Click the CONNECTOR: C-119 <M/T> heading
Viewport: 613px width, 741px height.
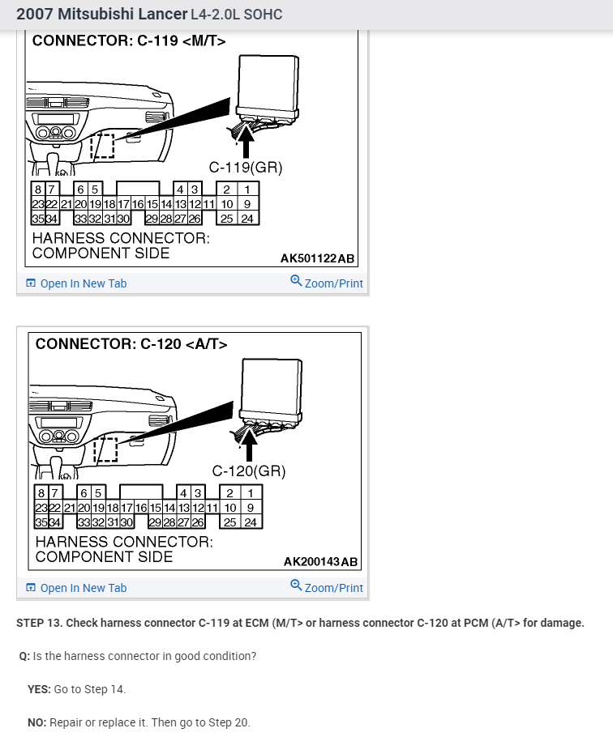pos(129,40)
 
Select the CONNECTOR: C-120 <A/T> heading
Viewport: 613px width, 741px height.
pos(131,344)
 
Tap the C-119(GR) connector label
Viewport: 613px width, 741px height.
pos(245,168)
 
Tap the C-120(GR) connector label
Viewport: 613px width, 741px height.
pos(249,471)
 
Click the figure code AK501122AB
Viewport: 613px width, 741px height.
pos(317,258)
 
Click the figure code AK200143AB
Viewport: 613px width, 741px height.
pos(320,561)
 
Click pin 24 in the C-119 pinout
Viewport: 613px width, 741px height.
pos(247,219)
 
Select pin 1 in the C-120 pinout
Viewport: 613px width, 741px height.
pos(251,493)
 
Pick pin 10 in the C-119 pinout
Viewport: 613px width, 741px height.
pos(228,204)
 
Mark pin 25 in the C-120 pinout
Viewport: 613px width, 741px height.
pos(231,522)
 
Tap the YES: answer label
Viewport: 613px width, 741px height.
pos(39,689)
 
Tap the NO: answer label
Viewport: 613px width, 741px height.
pos(36,722)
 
